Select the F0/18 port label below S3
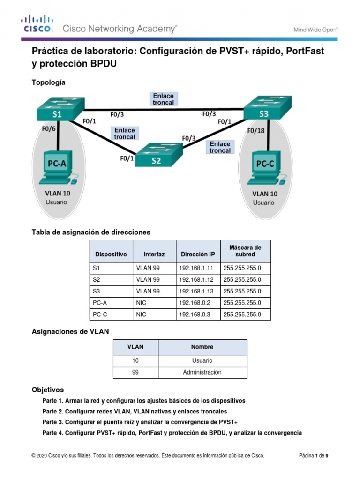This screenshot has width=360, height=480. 256,131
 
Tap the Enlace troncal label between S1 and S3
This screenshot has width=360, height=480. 163,99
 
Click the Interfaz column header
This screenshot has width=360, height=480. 154,255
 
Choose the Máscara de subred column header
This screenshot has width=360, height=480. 245,251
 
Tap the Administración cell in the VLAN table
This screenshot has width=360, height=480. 202,373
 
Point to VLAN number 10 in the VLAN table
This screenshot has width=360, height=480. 135,361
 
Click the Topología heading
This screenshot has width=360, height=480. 48,82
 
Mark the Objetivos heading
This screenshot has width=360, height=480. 47,390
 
